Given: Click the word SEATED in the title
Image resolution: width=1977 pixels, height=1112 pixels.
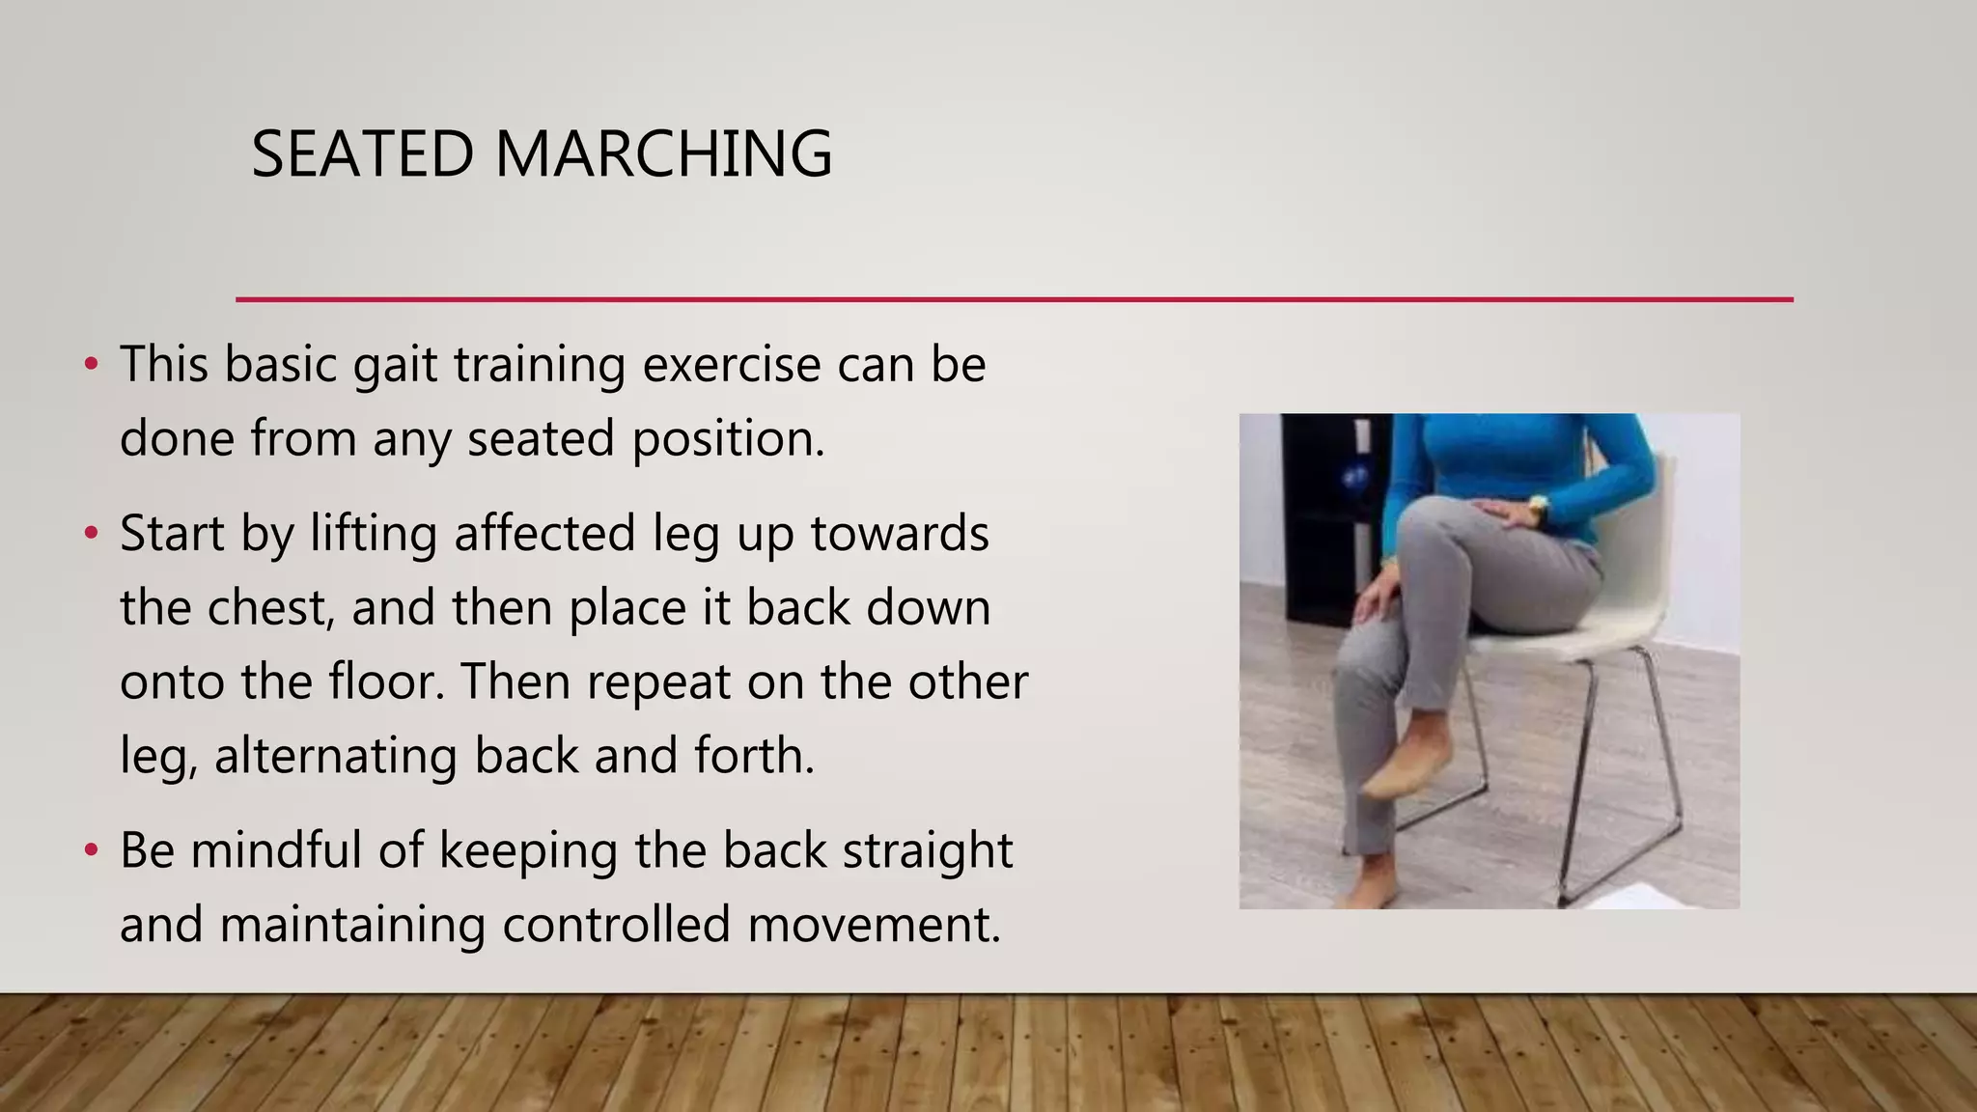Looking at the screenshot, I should pyautogui.click(x=362, y=154).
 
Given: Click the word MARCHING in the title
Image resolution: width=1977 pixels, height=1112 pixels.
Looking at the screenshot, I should pyautogui.click(x=663, y=154).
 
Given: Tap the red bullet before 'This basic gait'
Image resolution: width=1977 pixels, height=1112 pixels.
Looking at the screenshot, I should pyautogui.click(x=91, y=365).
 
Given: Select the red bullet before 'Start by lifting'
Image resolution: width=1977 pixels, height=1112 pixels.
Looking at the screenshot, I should pyautogui.click(x=91, y=534).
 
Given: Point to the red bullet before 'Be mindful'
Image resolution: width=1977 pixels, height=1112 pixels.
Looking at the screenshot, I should pyautogui.click(x=91, y=850).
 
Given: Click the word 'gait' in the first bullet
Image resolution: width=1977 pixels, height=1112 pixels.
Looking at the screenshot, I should pyautogui.click(x=395, y=367).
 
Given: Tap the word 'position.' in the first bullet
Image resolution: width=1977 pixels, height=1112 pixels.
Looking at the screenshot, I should pyautogui.click(x=729, y=440).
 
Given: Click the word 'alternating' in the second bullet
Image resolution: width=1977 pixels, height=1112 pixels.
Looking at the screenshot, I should pyautogui.click(x=335, y=756).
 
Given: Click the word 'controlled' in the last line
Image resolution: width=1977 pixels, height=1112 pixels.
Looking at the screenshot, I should pyautogui.click(x=616, y=925).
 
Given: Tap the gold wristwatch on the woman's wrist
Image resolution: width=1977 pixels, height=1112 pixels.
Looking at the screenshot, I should pyautogui.click(x=1537, y=504).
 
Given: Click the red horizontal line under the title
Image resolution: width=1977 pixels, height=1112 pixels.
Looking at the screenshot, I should pyautogui.click(x=1014, y=300).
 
